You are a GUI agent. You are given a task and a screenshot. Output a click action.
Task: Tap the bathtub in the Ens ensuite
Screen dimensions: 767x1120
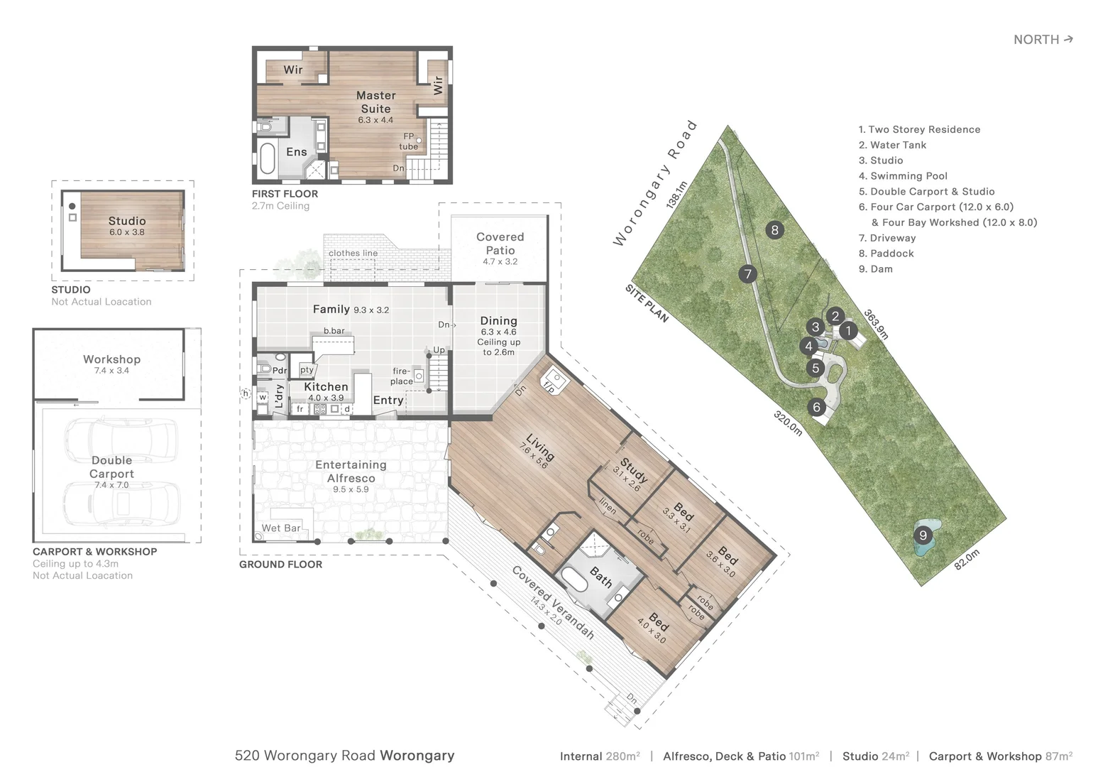[x=268, y=158]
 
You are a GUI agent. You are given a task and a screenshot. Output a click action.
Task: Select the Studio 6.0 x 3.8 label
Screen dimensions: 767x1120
[x=127, y=226]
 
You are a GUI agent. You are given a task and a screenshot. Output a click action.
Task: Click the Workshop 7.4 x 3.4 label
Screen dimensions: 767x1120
[x=111, y=364]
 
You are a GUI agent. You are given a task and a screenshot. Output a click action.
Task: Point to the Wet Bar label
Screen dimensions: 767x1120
[x=281, y=528]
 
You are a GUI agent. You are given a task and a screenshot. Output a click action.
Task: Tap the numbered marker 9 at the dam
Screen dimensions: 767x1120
[x=923, y=535]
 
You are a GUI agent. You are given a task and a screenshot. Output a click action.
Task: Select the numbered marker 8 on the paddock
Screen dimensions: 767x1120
[x=774, y=229]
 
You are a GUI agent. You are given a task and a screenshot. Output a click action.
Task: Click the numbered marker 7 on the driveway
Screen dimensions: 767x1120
[x=747, y=274]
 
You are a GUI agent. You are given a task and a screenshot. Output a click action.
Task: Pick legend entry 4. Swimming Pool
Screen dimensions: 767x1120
[x=903, y=176]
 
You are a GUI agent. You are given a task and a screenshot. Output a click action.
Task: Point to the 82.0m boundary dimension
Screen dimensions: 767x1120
[x=967, y=560]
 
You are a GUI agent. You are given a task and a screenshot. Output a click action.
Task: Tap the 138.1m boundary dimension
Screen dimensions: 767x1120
[x=676, y=195]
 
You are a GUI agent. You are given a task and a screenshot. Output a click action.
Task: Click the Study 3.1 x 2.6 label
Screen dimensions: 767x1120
[x=630, y=474]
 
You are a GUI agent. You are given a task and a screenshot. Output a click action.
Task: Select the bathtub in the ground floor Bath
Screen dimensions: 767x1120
[x=573, y=580]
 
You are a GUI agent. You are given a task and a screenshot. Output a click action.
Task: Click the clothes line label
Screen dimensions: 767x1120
[x=353, y=253]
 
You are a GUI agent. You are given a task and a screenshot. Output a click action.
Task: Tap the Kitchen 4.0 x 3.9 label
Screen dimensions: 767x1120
[x=326, y=391]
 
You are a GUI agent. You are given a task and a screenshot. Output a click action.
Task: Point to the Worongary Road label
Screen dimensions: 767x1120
[x=655, y=184]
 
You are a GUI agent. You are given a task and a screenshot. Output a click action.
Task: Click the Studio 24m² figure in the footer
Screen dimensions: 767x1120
[x=876, y=756]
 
